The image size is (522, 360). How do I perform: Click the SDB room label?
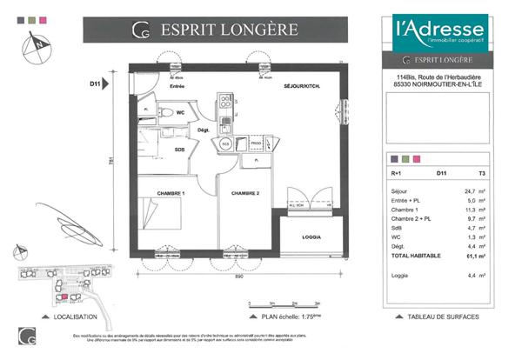tap(179, 150)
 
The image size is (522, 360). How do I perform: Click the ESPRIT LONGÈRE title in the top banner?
tap(230, 30)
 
